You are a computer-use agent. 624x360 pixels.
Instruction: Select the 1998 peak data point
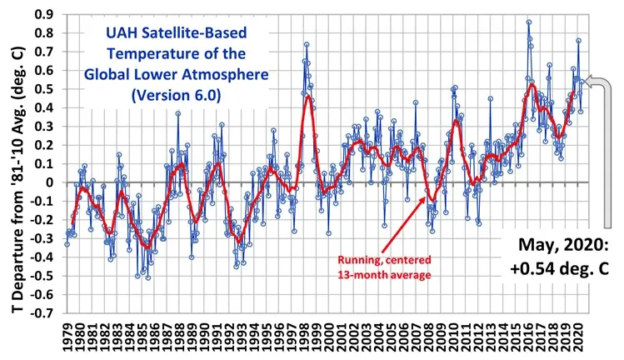pyautogui.click(x=307, y=44)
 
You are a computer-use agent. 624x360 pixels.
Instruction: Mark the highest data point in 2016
pyautogui.click(x=528, y=22)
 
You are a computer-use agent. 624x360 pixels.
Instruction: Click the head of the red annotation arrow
pyautogui.click(x=431, y=200)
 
